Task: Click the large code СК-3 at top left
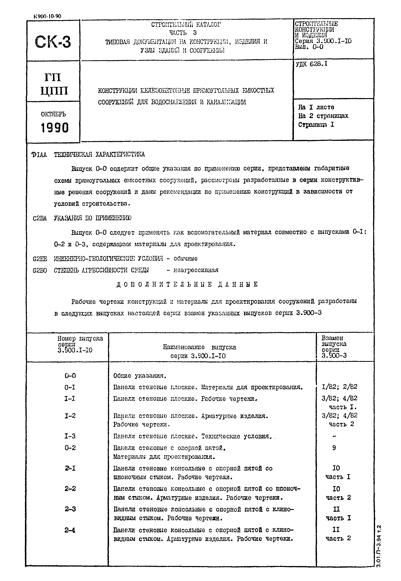click(53, 42)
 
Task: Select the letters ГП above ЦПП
click(53, 77)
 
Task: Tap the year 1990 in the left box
click(54, 128)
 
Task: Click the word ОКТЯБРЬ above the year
click(53, 114)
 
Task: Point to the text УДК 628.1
click(312, 64)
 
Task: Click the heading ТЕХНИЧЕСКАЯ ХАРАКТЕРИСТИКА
click(99, 154)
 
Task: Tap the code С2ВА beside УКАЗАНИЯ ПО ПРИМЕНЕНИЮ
click(40, 218)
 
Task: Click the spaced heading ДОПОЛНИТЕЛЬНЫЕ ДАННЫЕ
click(187, 284)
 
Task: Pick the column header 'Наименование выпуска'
click(199, 347)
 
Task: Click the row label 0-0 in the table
click(70, 376)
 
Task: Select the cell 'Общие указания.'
click(140, 376)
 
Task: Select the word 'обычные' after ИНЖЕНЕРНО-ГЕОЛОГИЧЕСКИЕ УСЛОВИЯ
click(185, 258)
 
